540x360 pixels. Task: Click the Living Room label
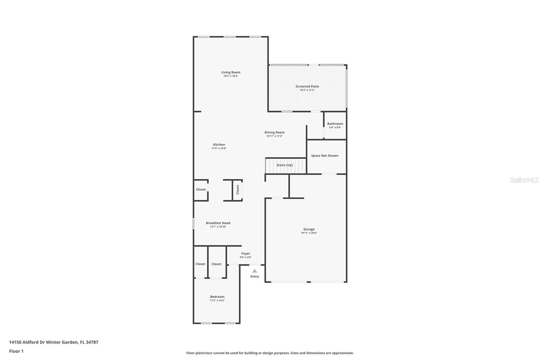231,72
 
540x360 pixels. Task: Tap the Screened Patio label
307,86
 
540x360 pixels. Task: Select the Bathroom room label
335,124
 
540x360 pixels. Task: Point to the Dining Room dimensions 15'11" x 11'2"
274,136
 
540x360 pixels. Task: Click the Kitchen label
219,145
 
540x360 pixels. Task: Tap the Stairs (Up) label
285,165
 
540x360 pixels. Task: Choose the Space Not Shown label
324,156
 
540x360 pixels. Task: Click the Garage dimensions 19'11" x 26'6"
309,233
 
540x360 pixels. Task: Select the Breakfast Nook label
218,223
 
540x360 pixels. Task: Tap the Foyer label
245,254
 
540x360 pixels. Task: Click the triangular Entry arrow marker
254,271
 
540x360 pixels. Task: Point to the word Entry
254,277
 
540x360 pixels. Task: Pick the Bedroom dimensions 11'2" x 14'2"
217,301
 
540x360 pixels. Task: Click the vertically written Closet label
238,189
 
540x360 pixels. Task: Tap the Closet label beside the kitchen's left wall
201,189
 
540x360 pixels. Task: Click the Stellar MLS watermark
524,180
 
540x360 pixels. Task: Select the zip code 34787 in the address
92,342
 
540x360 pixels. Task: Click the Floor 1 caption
16,351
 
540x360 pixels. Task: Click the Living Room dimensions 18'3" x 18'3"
231,76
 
